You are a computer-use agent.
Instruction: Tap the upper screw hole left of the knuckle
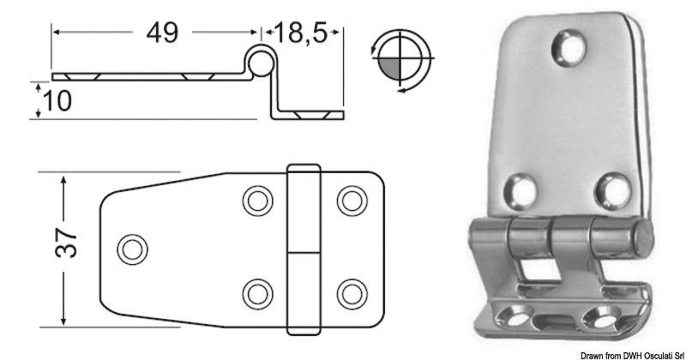(x=255, y=201)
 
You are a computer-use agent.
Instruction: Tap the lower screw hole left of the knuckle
(x=255, y=292)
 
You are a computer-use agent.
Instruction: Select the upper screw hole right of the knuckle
(x=349, y=201)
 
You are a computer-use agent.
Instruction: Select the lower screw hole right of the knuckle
(x=349, y=292)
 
